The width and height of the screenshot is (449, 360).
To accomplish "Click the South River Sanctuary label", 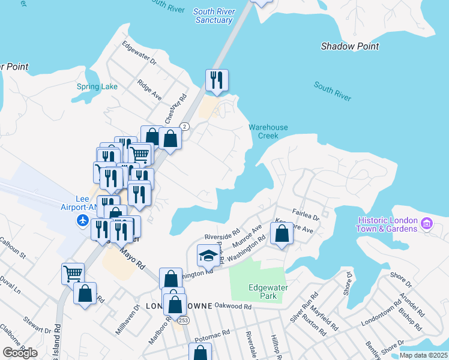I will tap(214, 16).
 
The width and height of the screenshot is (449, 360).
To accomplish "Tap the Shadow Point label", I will tap(350, 46).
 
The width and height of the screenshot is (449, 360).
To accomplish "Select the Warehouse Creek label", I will tap(268, 131).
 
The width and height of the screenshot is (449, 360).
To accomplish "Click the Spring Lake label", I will tap(97, 86).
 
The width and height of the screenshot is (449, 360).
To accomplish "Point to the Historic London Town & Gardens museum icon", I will tap(427, 224).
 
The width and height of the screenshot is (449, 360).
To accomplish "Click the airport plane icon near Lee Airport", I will tap(83, 221).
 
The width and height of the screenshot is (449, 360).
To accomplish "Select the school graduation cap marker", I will tap(208, 256).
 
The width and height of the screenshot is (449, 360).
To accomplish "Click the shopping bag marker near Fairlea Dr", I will tap(282, 233).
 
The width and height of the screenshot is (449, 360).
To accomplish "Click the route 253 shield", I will tap(180, 321).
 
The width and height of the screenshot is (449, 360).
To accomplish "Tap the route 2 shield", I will tap(185, 126).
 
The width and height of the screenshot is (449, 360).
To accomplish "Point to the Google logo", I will tap(20, 353).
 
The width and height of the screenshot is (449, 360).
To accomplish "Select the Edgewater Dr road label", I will tap(139, 53).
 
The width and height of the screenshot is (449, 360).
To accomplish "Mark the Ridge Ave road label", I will tap(149, 90).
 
